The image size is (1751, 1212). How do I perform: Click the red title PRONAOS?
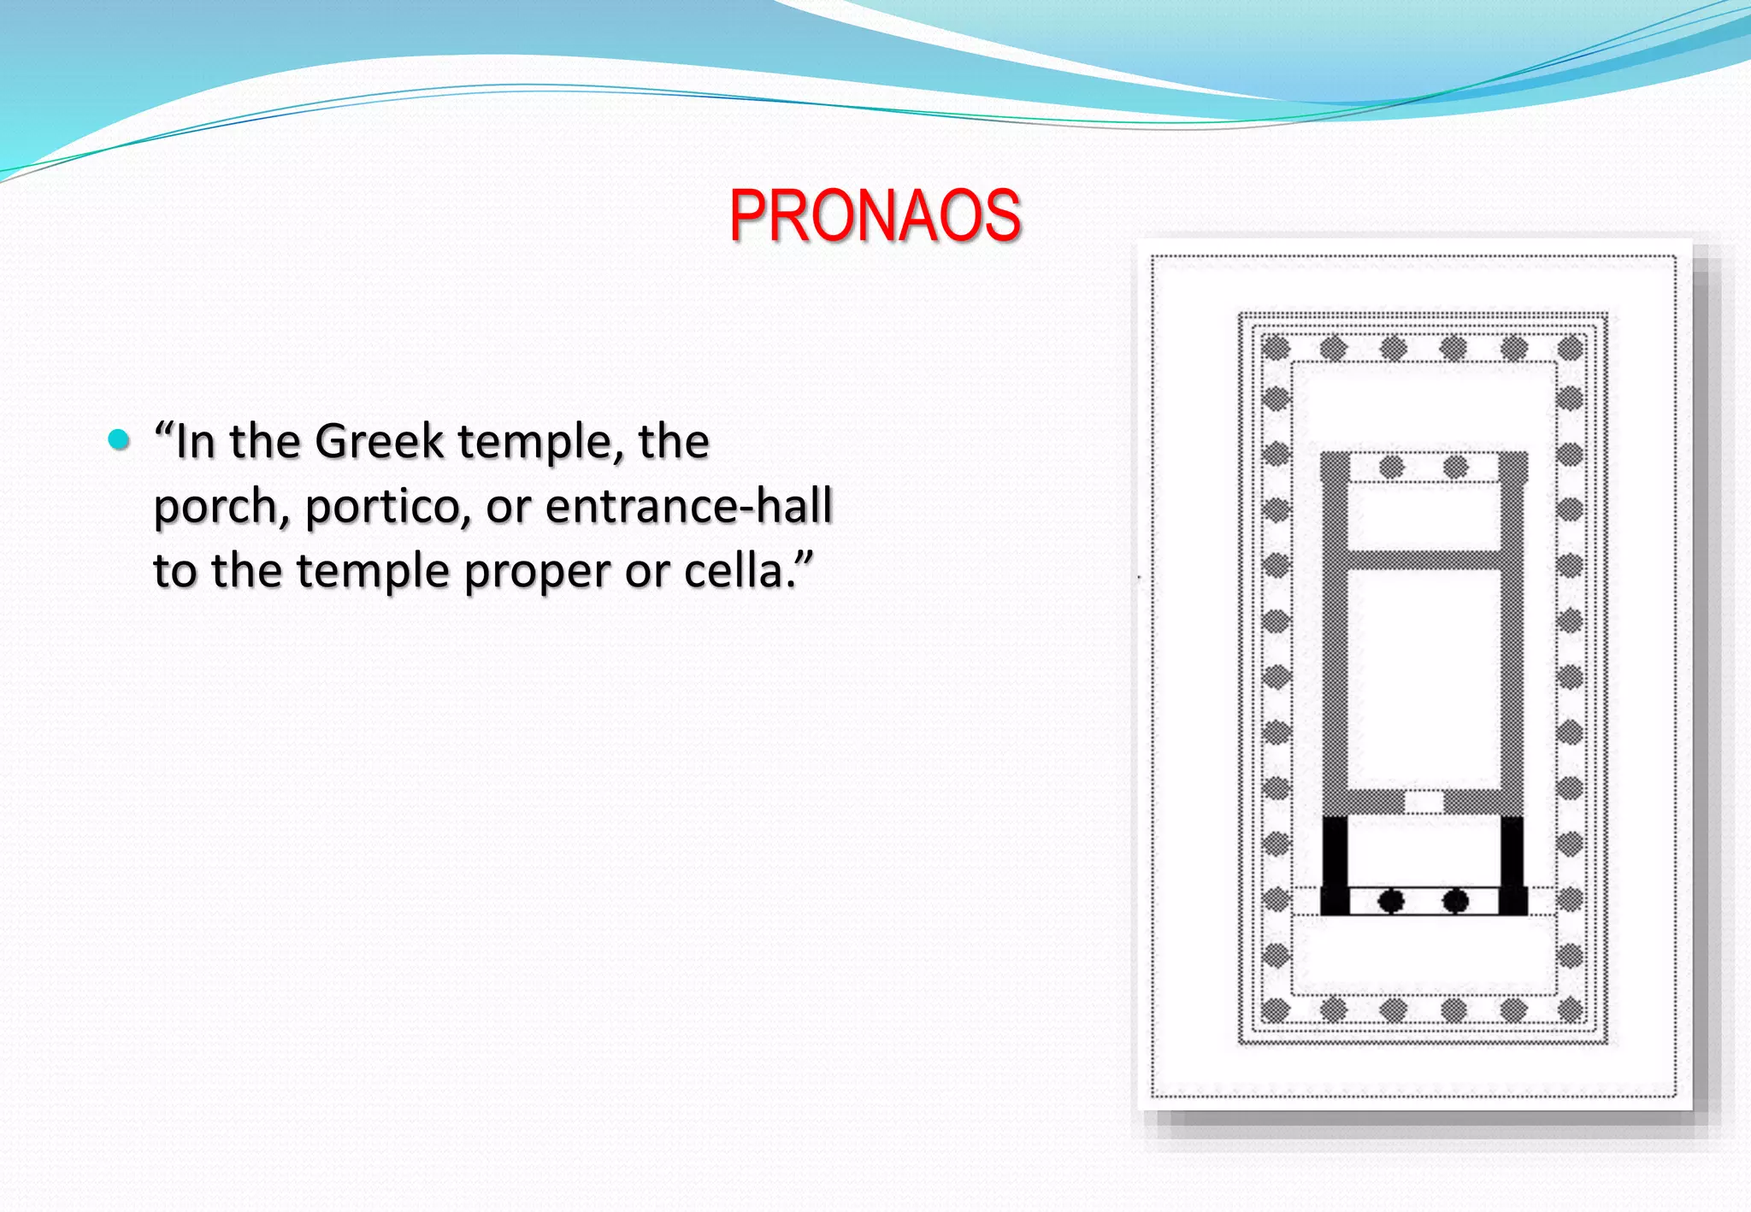(875, 215)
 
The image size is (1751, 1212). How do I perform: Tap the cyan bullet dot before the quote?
(119, 440)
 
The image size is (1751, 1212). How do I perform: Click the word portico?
(387, 507)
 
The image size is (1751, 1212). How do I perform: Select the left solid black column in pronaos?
(1391, 901)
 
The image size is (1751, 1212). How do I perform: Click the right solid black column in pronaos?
(1455, 901)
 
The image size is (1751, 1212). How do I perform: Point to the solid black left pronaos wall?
(1335, 863)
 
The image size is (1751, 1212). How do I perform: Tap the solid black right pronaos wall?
(1512, 863)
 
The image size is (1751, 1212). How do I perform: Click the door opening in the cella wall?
(1424, 803)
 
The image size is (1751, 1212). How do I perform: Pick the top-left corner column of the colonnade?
(1276, 348)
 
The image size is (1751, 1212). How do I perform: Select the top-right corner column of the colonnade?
(1571, 348)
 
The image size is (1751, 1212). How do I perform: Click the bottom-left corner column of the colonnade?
(1276, 1010)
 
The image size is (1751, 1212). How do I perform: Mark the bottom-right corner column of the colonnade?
(1571, 1010)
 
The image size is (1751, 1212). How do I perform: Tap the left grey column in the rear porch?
(1392, 467)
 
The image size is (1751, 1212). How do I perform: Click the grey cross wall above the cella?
(1424, 560)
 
